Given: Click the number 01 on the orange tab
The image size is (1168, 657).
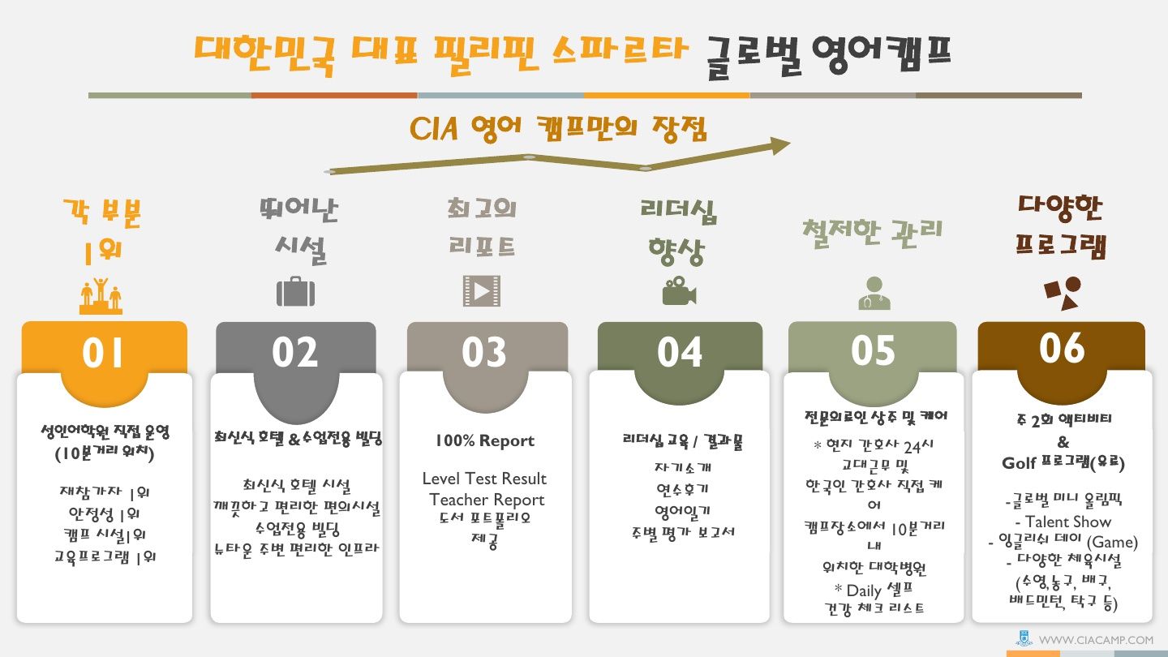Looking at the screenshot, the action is (x=103, y=353).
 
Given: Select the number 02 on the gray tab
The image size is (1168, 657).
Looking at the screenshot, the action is (x=294, y=353).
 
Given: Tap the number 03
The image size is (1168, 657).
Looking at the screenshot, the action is (x=484, y=353).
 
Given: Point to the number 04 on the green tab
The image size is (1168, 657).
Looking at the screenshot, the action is (x=680, y=353).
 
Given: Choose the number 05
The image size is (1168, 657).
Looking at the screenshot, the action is (x=873, y=351).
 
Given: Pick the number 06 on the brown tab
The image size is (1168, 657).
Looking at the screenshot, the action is (x=1062, y=348).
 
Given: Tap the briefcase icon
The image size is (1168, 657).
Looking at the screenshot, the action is (x=295, y=291).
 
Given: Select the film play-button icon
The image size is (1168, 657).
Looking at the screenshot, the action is (x=482, y=291).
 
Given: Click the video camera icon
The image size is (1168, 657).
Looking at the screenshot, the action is (x=680, y=291).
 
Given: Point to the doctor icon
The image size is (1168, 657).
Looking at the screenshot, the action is (x=874, y=293).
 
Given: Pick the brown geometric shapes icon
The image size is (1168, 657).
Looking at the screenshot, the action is (x=1063, y=293).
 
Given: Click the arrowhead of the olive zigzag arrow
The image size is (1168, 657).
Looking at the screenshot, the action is (x=780, y=145).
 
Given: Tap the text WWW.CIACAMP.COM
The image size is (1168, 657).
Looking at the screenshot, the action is (x=1096, y=640).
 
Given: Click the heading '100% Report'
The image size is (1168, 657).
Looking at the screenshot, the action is (x=485, y=440).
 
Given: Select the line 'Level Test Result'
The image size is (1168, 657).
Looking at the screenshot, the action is (x=484, y=479).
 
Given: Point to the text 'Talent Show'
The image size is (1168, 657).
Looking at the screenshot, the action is (x=1068, y=522).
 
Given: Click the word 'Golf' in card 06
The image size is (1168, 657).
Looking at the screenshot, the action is (x=1019, y=463).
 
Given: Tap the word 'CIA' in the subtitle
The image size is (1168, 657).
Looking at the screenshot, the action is (x=434, y=128).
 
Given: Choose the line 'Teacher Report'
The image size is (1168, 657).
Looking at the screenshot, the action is (x=487, y=500).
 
